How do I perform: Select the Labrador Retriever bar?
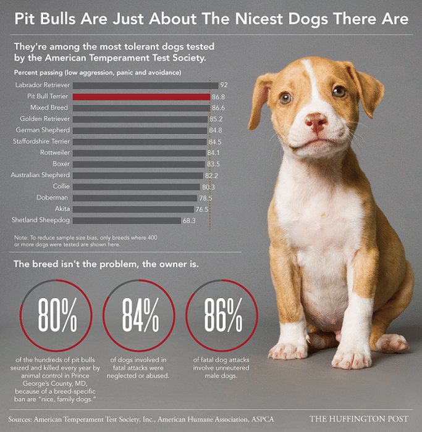coord(145,85)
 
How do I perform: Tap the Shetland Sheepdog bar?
coord(127,220)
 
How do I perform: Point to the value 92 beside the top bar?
coord(224,85)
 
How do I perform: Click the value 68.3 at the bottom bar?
coord(188,220)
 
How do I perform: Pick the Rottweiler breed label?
coord(55,153)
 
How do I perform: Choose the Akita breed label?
coord(62,209)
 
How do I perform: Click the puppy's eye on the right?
coord(339,92)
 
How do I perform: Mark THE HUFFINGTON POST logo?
coord(360,419)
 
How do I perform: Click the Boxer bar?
coord(138,164)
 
